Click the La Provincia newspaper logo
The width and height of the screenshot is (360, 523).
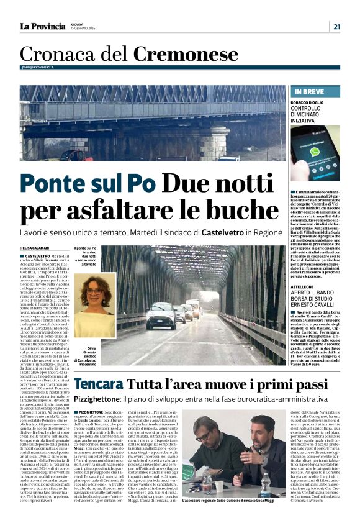pos(42,26)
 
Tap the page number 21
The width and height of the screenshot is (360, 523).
pos(336,26)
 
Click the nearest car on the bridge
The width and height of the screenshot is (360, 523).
pos(161,316)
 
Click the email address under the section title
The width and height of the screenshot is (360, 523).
pos(37,66)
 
